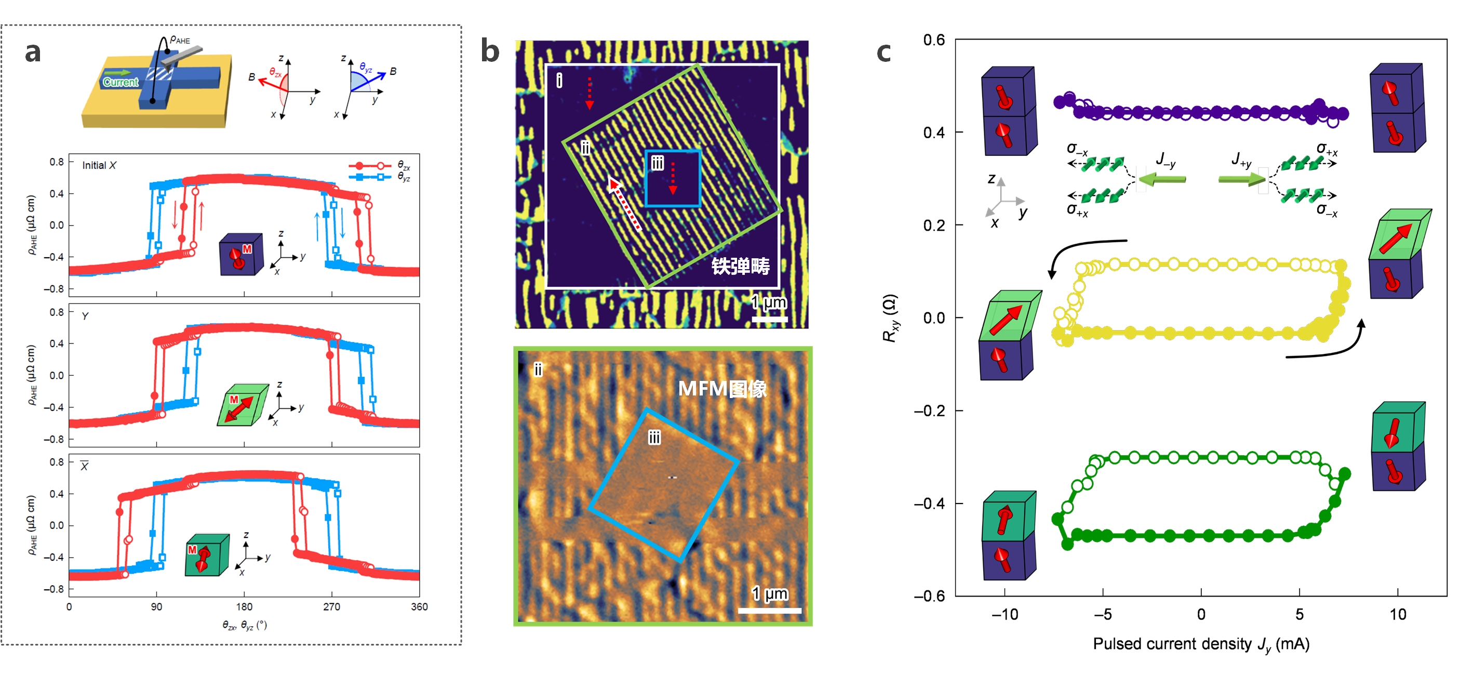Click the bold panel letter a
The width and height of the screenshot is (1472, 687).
click(x=33, y=52)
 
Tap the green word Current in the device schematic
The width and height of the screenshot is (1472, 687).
click(x=121, y=82)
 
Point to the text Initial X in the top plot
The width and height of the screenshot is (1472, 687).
click(x=99, y=165)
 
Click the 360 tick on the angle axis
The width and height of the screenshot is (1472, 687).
click(x=419, y=606)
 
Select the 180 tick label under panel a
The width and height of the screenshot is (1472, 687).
click(x=244, y=606)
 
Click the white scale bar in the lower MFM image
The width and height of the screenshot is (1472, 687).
click(x=769, y=611)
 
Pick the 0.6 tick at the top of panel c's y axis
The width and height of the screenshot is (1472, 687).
click(x=934, y=40)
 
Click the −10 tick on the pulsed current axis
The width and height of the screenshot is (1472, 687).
click(x=1004, y=614)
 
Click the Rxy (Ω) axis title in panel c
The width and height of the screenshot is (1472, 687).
click(x=890, y=319)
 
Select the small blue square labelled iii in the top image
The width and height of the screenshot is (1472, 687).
click(x=673, y=178)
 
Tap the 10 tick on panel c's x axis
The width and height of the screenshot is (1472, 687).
click(x=1397, y=614)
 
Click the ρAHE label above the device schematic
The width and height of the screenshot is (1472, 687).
click(x=180, y=40)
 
